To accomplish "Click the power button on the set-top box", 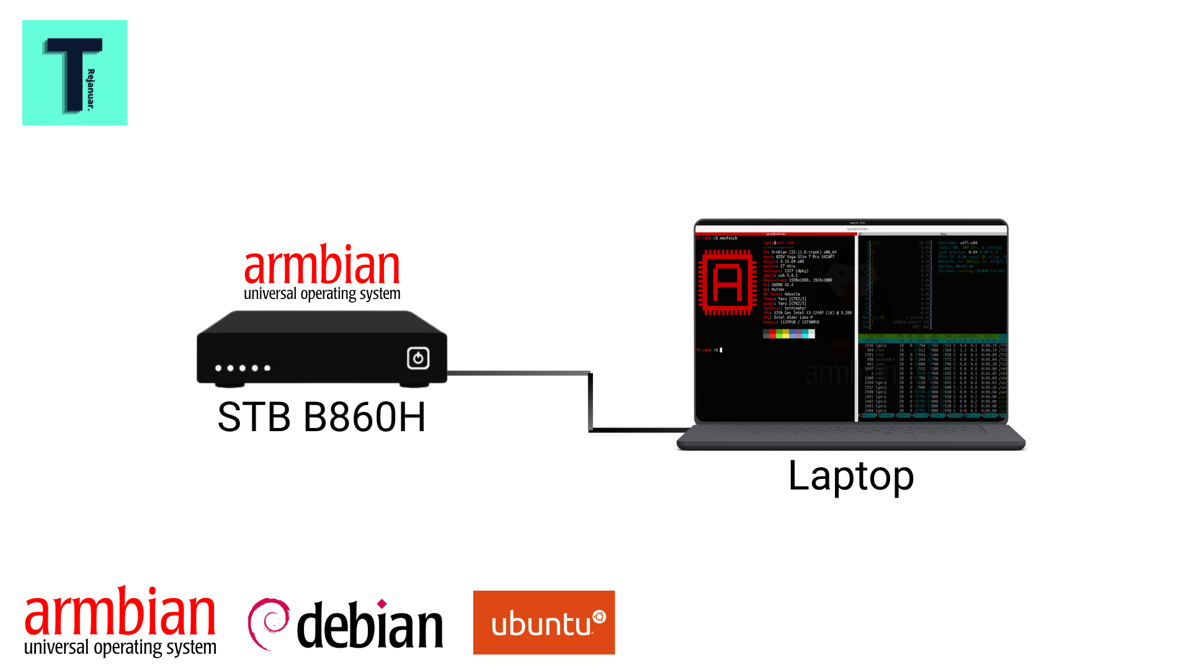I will pyautogui.click(x=418, y=358).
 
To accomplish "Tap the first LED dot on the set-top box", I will pyautogui.click(x=218, y=368).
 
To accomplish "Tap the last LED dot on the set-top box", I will pyautogui.click(x=267, y=368).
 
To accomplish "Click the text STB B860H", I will pyautogui.click(x=321, y=417).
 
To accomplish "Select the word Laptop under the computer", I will pyautogui.click(x=850, y=476).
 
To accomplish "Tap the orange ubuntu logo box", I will pyautogui.click(x=543, y=622).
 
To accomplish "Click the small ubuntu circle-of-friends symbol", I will pyautogui.click(x=599, y=617).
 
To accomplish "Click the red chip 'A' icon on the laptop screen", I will pyautogui.click(x=727, y=282).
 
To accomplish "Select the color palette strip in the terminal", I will pyautogui.click(x=788, y=334).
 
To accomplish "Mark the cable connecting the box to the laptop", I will pyautogui.click(x=590, y=401).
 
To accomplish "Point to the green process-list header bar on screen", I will pyautogui.click(x=932, y=336).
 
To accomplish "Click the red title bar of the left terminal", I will pyautogui.click(x=775, y=234).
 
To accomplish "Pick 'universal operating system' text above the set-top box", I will pyautogui.click(x=321, y=293).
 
